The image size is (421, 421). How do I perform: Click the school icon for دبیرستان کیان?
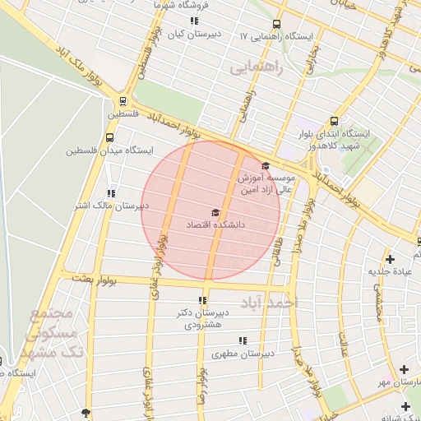pos(194,21)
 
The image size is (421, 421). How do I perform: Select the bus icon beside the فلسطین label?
pos(123,102)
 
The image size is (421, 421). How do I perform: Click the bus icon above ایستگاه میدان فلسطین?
pos(110,138)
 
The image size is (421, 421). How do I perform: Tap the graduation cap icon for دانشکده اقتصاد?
pos(215,212)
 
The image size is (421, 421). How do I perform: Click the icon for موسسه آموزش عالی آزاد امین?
pos(265,166)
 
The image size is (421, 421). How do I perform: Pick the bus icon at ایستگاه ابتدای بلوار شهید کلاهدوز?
pos(333,120)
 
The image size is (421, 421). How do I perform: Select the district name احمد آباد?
pos(267,303)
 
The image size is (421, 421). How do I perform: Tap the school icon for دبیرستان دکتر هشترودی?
pos(203,300)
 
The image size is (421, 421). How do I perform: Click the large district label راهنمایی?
pos(256,67)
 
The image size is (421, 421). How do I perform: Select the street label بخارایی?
pos(312,59)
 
